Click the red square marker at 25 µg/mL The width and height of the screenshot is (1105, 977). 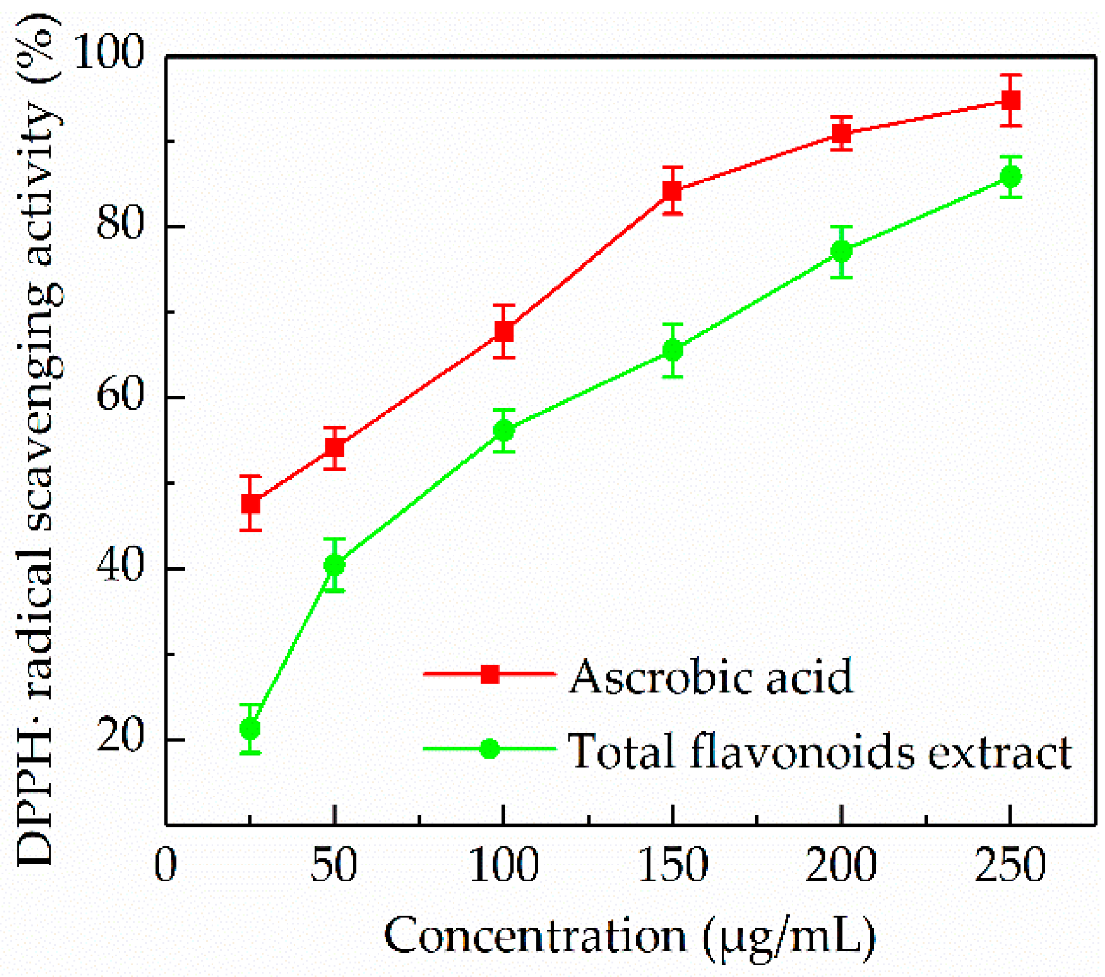(x=251, y=503)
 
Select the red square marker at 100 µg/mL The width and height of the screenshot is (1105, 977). (x=504, y=331)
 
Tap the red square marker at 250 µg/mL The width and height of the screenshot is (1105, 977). (x=1011, y=101)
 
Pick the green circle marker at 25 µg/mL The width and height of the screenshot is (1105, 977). (x=250, y=729)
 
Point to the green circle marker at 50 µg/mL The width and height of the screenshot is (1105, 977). (x=335, y=565)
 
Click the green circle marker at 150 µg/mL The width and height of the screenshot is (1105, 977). (x=672, y=350)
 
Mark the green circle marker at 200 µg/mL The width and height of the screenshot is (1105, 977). (x=842, y=251)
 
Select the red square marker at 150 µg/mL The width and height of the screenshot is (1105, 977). (x=672, y=191)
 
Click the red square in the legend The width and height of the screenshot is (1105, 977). (x=490, y=674)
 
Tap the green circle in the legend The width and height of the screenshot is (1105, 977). (x=490, y=748)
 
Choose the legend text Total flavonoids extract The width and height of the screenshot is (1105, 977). (x=819, y=750)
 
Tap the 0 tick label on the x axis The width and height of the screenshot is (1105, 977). (x=166, y=864)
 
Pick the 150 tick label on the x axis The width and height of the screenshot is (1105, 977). (x=673, y=864)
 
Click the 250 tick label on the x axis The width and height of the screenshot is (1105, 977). (x=1010, y=864)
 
